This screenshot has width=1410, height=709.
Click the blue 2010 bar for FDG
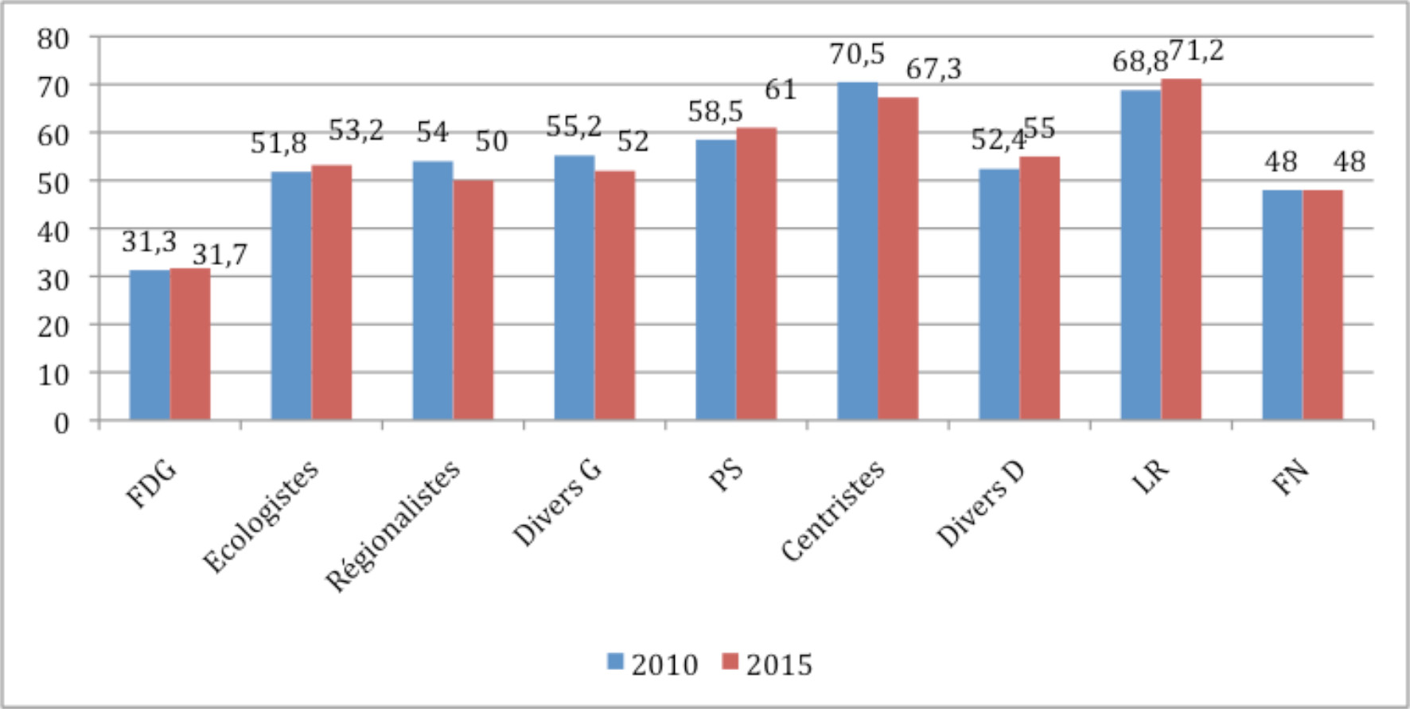tap(150, 345)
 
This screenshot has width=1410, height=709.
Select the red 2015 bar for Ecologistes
tap(332, 292)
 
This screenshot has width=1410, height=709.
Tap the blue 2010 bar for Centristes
tap(857, 251)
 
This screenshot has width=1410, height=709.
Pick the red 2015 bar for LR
tap(1181, 249)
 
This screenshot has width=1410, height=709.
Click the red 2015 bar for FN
tap(1322, 305)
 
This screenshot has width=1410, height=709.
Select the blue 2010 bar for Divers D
tap(999, 294)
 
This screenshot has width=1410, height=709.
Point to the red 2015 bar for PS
tap(756, 274)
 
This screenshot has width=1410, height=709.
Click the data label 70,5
tap(856, 55)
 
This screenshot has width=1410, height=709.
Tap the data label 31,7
tap(220, 255)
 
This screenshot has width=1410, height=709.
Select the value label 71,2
tap(1196, 52)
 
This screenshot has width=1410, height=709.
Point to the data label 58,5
tap(715, 112)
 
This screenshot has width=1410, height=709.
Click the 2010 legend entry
tap(652, 664)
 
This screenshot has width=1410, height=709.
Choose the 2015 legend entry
tap(767, 664)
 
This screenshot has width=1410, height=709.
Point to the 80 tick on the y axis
tap(53, 38)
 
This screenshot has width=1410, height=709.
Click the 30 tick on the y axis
tap(53, 279)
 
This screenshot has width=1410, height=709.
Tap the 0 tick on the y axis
tap(61, 423)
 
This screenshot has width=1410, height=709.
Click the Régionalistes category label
tap(393, 526)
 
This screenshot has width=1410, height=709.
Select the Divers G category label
tap(557, 504)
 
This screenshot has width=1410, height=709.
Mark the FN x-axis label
tap(1291, 478)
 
